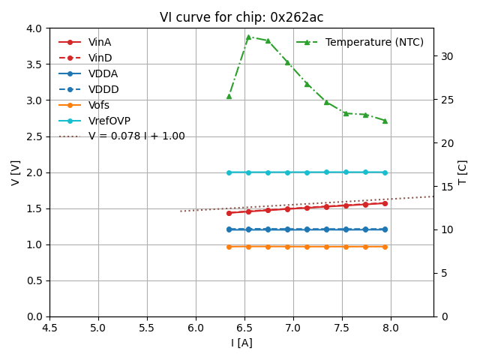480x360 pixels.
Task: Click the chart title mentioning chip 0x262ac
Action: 241,17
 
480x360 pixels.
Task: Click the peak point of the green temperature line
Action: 248,37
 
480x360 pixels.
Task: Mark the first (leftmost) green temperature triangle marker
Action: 229,96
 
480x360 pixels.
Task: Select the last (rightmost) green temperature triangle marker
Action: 385,121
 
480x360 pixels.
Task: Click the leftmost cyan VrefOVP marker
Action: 229,172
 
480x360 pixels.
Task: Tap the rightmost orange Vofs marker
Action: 385,247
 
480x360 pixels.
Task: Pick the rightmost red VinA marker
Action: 385,203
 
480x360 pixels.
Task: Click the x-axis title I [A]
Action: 241,343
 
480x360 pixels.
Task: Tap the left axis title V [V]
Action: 15,172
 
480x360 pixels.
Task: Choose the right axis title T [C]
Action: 463,172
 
